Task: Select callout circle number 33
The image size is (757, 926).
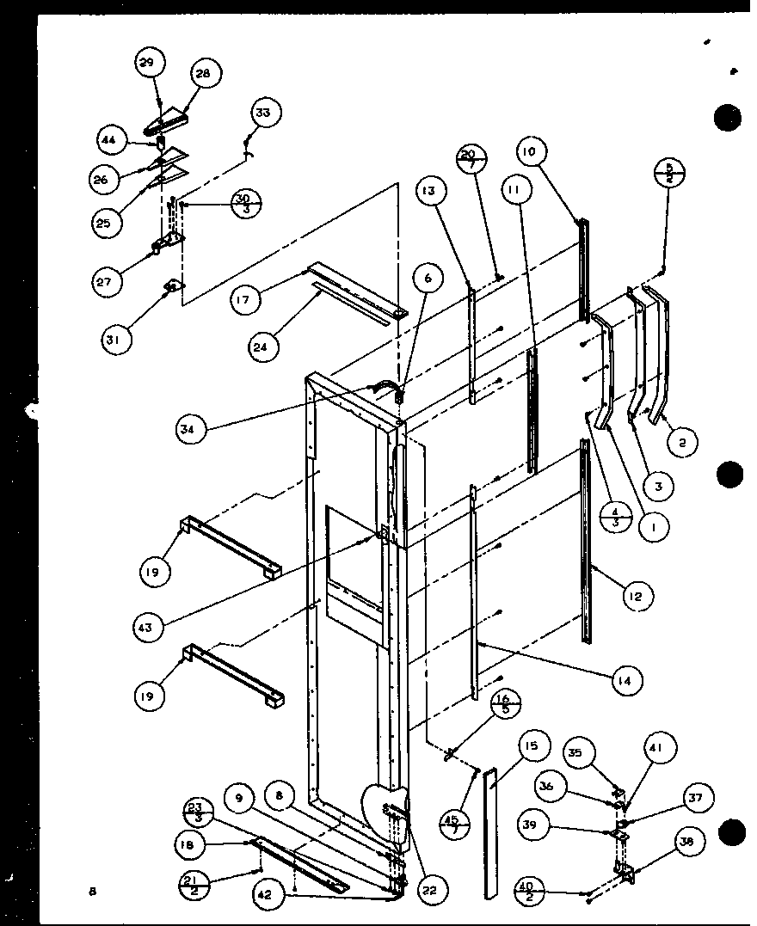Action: pos(267,113)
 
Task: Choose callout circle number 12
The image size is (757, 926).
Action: pos(638,596)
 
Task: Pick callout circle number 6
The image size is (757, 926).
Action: pos(428,278)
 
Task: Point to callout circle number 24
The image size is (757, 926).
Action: pos(261,347)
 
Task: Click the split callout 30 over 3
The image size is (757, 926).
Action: pos(246,205)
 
